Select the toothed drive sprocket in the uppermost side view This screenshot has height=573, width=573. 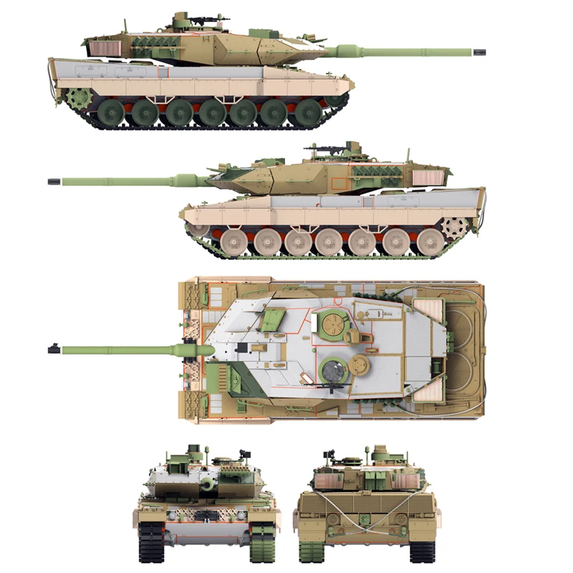[x=76, y=98]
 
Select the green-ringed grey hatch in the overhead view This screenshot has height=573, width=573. [x=332, y=371]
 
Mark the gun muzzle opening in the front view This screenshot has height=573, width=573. [x=206, y=485]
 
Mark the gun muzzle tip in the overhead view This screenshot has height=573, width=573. [x=52, y=350]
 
